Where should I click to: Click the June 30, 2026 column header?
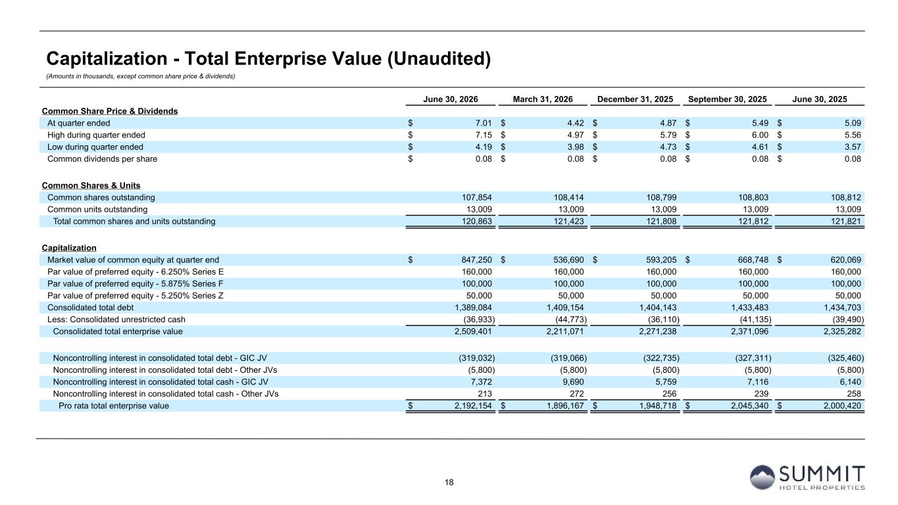[450, 99]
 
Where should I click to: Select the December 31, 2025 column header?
[635, 99]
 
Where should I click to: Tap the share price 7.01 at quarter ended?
[484, 123]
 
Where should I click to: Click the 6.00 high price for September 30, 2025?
[760, 135]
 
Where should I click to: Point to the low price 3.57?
[853, 147]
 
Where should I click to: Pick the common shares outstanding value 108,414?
[568, 197]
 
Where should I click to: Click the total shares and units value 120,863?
[477, 221]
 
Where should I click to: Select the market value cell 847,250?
[477, 260]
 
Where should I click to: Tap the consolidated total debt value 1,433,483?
[750, 308]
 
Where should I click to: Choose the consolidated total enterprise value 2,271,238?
[657, 331]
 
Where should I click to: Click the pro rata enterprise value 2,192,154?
[473, 406]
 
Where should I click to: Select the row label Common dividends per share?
[102, 159]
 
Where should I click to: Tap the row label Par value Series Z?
[135, 296]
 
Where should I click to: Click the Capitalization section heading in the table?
[69, 248]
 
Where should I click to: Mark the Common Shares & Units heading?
[91, 185]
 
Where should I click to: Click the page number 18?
[449, 482]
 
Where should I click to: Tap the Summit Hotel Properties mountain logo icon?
[762, 477]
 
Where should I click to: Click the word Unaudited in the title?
[439, 59]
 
